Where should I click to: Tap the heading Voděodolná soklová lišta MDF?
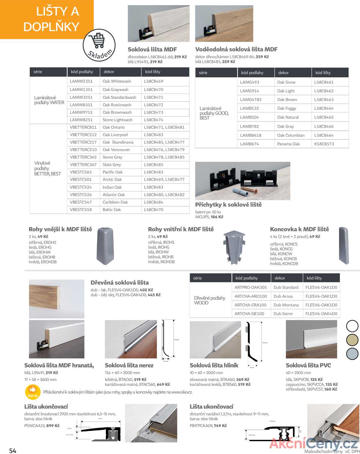[236, 49]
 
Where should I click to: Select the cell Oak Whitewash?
[117, 81]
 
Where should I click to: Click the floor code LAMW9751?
[81, 112]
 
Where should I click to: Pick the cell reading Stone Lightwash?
[117, 120]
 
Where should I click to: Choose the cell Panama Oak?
[288, 144]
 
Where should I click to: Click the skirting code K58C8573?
[324, 144]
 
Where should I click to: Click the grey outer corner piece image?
[105, 246]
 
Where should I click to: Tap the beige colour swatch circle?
[352, 340]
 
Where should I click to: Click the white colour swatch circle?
[352, 326]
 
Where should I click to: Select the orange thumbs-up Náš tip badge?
[33, 391]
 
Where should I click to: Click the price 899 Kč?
[53, 426]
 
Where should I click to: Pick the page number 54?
[13, 451]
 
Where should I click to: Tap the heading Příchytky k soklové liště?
[228, 205]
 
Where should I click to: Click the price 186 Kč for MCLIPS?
[217, 217]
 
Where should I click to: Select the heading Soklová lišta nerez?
[129, 366]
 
